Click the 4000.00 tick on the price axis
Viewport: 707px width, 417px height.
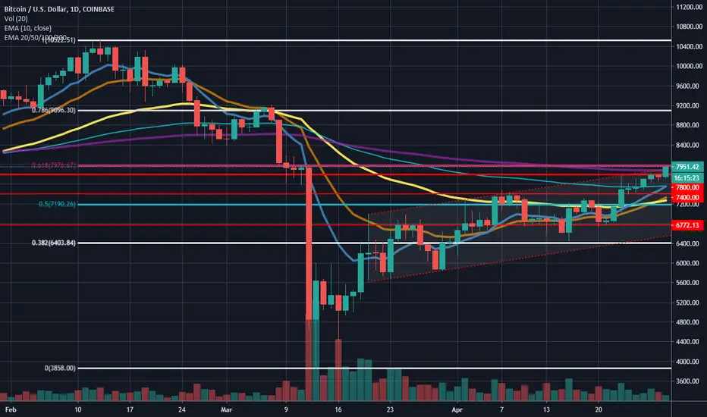[x=686, y=362]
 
